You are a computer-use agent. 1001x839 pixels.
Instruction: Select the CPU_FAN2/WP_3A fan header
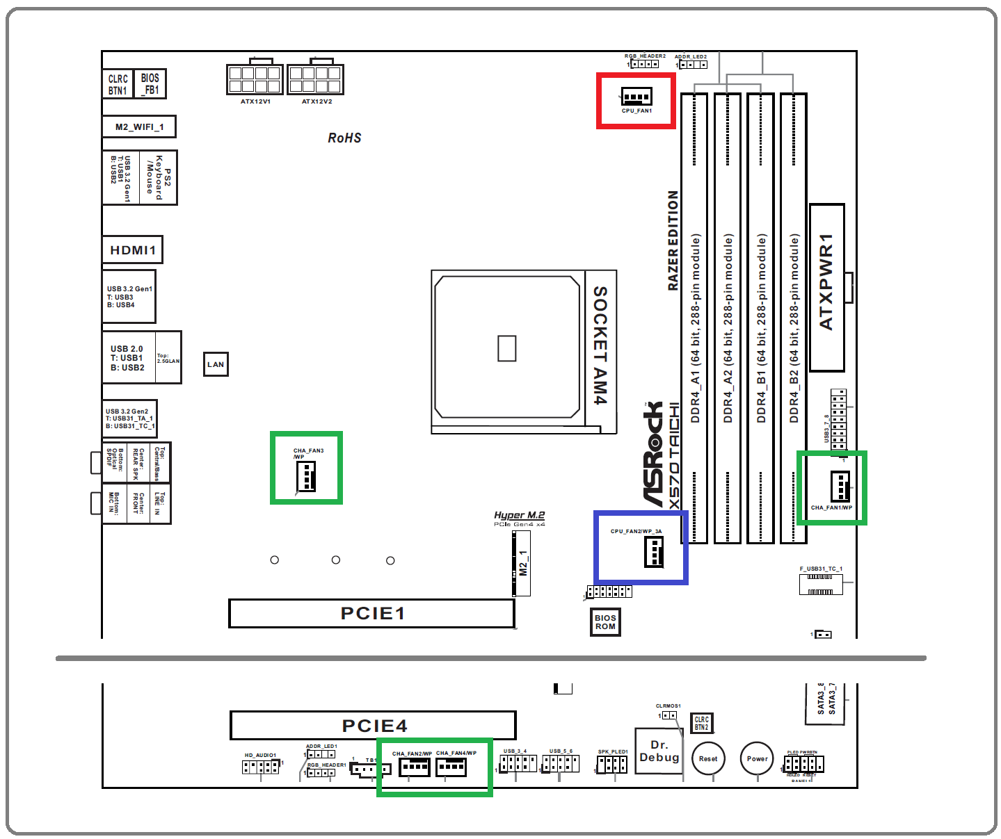point(654,552)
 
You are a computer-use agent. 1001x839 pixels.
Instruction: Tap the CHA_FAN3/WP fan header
point(306,477)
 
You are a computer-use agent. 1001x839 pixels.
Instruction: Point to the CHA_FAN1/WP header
point(840,486)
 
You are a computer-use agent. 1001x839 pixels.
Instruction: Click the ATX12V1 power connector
point(255,79)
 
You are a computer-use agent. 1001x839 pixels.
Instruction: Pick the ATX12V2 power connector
point(315,79)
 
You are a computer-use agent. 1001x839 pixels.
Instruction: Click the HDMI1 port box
point(133,250)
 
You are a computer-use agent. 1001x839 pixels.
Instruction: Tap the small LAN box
point(216,364)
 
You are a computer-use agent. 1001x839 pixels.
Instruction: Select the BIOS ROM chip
point(605,622)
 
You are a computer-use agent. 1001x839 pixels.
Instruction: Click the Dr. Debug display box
point(659,751)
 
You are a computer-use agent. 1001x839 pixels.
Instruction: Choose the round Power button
point(757,758)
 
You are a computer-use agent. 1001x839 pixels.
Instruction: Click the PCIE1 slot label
point(372,613)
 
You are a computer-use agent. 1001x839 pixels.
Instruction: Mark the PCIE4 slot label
point(374,726)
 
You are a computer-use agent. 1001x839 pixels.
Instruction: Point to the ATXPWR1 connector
point(827,287)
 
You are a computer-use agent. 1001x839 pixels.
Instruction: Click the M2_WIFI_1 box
point(139,127)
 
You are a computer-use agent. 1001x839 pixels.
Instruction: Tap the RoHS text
point(344,138)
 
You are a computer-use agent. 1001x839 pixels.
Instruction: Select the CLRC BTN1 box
point(118,84)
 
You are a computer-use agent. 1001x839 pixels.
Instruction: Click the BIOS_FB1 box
point(150,84)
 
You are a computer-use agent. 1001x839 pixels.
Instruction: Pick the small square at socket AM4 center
point(506,348)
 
